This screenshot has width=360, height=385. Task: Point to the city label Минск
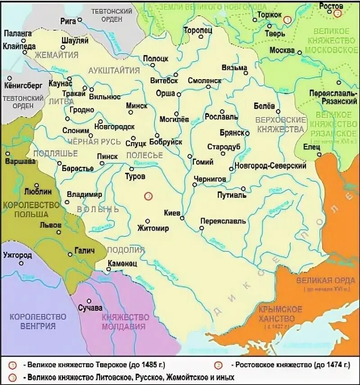(137, 105)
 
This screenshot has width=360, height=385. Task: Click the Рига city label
(67, 21)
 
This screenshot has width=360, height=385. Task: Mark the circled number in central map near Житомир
(148, 196)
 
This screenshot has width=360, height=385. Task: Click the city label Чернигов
(209, 179)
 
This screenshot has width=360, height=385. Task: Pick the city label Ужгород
(17, 255)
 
